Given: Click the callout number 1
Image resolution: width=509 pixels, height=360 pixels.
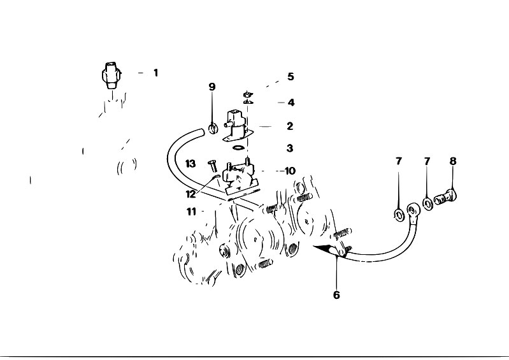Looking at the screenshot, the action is click(156, 73).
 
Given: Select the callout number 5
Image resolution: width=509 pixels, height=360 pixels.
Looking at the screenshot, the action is click(290, 76).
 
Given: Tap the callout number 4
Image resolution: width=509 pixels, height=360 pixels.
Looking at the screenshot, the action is click(291, 103).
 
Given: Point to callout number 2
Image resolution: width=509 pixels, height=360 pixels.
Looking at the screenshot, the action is click(290, 126).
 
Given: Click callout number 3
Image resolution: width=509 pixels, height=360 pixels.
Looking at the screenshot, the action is click(290, 148).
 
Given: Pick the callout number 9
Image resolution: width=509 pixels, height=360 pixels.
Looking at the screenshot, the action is click(212, 87).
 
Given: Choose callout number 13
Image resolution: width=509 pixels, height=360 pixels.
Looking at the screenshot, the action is click(190, 164).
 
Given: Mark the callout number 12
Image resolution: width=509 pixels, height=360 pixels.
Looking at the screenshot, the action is click(191, 194).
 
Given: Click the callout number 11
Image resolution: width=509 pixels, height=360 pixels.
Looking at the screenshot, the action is click(192, 212).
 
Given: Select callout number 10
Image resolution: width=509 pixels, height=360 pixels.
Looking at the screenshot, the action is click(290, 171).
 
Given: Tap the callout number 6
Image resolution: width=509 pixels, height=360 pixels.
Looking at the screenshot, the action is click(336, 295).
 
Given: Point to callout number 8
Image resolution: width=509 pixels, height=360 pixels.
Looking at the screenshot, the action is click(453, 161).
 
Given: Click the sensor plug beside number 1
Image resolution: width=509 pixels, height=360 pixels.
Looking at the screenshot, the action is click(111, 75).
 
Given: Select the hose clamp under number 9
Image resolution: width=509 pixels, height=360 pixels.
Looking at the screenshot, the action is click(212, 128).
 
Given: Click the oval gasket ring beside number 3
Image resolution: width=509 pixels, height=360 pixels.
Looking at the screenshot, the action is click(238, 148).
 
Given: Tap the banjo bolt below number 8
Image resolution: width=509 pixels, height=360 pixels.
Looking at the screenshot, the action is click(445, 197).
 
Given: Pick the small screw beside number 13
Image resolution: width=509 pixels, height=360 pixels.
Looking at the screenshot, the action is click(213, 166).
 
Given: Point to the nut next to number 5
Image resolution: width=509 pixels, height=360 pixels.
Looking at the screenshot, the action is click(248, 94).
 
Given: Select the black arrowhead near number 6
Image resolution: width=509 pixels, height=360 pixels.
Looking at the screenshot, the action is click(325, 249).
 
